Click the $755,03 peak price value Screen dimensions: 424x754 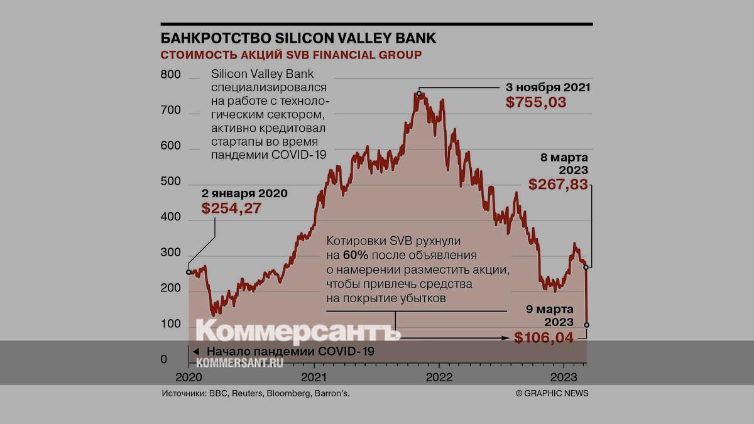pyautogui.click(x=536, y=102)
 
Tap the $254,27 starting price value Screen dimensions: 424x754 pyautogui.click(x=231, y=209)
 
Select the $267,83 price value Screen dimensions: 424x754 pyautogui.click(x=558, y=185)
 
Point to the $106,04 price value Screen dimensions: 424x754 pyautogui.click(x=544, y=337)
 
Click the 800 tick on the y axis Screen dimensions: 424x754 pyautogui.click(x=171, y=75)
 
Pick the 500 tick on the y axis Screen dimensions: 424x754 pyautogui.click(x=171, y=182)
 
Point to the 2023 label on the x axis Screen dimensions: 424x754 pyautogui.click(x=563, y=377)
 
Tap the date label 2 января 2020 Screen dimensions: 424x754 pyautogui.click(x=244, y=193)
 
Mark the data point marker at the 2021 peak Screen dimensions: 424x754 pyautogui.click(x=418, y=93)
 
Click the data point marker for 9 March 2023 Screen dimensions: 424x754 pyautogui.click(x=587, y=325)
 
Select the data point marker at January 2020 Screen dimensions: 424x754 pyautogui.click(x=188, y=272)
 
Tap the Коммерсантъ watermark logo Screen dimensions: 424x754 pyautogui.click(x=298, y=331)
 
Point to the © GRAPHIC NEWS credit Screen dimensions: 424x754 pyautogui.click(x=552, y=393)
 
